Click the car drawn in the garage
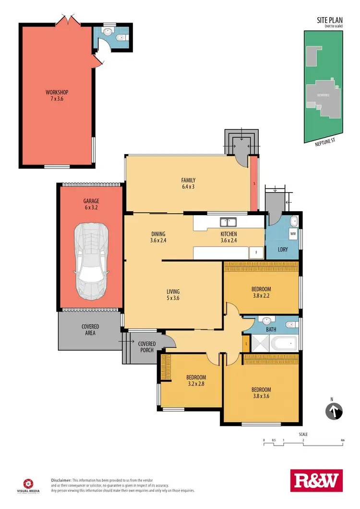90,262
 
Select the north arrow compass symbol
334,412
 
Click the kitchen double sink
228,222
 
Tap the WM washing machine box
293,234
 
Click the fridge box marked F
256,253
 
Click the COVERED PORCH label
146,347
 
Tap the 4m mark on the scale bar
342,440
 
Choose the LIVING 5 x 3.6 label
173,295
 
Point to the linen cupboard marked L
246,343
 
